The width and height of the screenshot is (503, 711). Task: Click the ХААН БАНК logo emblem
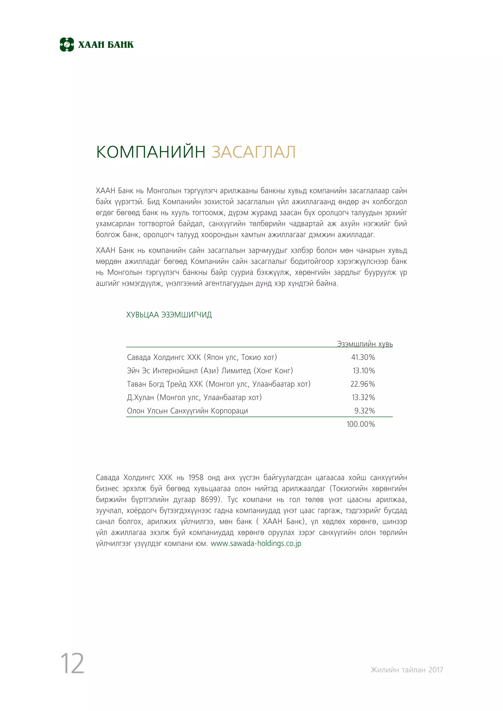click(67, 45)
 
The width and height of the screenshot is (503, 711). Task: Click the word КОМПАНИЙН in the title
click(151, 152)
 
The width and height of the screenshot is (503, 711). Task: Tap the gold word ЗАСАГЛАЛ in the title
click(254, 152)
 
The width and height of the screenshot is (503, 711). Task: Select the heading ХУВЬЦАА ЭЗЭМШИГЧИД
click(169, 315)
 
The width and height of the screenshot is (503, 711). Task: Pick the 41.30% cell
click(363, 357)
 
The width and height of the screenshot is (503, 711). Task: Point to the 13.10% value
click(364, 371)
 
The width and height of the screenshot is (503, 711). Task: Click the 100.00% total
click(361, 424)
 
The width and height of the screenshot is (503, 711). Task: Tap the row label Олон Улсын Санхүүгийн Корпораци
click(187, 411)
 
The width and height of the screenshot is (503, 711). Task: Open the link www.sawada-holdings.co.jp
click(256, 544)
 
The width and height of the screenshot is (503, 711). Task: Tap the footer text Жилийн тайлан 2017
click(406, 670)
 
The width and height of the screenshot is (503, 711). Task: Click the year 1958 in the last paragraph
click(196, 478)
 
